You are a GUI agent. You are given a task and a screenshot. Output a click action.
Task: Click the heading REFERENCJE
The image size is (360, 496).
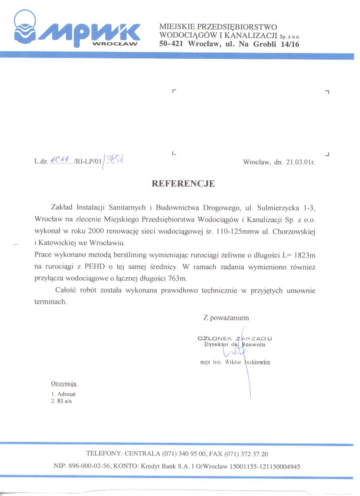pos(183,184)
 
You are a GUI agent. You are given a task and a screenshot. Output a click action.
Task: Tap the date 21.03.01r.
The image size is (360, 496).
pos(301,162)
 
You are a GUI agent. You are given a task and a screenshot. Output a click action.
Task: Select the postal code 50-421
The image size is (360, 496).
pos(171,44)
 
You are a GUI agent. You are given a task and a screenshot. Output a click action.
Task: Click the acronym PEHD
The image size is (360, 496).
pos(95,267)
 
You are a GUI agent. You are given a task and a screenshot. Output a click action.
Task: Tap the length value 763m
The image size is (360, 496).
pos(178,279)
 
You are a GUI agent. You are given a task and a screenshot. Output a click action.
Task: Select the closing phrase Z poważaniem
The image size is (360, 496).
pos(226,318)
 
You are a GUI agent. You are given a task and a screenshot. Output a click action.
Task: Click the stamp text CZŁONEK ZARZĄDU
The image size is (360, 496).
pos(235,338)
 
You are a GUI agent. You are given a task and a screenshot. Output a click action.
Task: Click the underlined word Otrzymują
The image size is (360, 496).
pos(64,384)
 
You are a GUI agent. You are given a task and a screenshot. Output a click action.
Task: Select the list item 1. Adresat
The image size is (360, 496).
pos(63,394)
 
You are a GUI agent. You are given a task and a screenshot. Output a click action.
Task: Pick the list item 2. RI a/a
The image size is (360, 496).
pos(61,401)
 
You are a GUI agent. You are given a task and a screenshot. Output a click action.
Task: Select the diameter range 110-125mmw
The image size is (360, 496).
pos(238,231)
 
